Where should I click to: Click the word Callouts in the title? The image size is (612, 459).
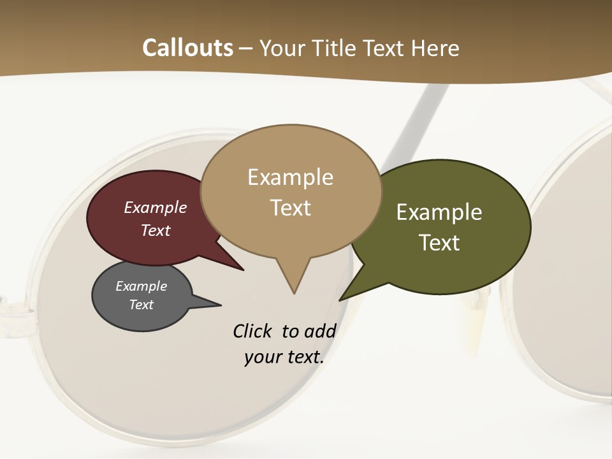[187, 48]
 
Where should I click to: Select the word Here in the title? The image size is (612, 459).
[435, 48]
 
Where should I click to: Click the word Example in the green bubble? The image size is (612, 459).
[439, 212]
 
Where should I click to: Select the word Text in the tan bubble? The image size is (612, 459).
[290, 208]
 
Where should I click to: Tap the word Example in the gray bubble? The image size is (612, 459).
[141, 286]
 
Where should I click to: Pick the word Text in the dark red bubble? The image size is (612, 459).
[156, 230]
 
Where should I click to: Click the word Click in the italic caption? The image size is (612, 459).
[252, 331]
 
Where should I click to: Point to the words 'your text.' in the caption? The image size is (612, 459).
[284, 357]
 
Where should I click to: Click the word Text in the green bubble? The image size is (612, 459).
[439, 242]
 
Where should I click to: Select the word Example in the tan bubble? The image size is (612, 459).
[290, 177]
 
